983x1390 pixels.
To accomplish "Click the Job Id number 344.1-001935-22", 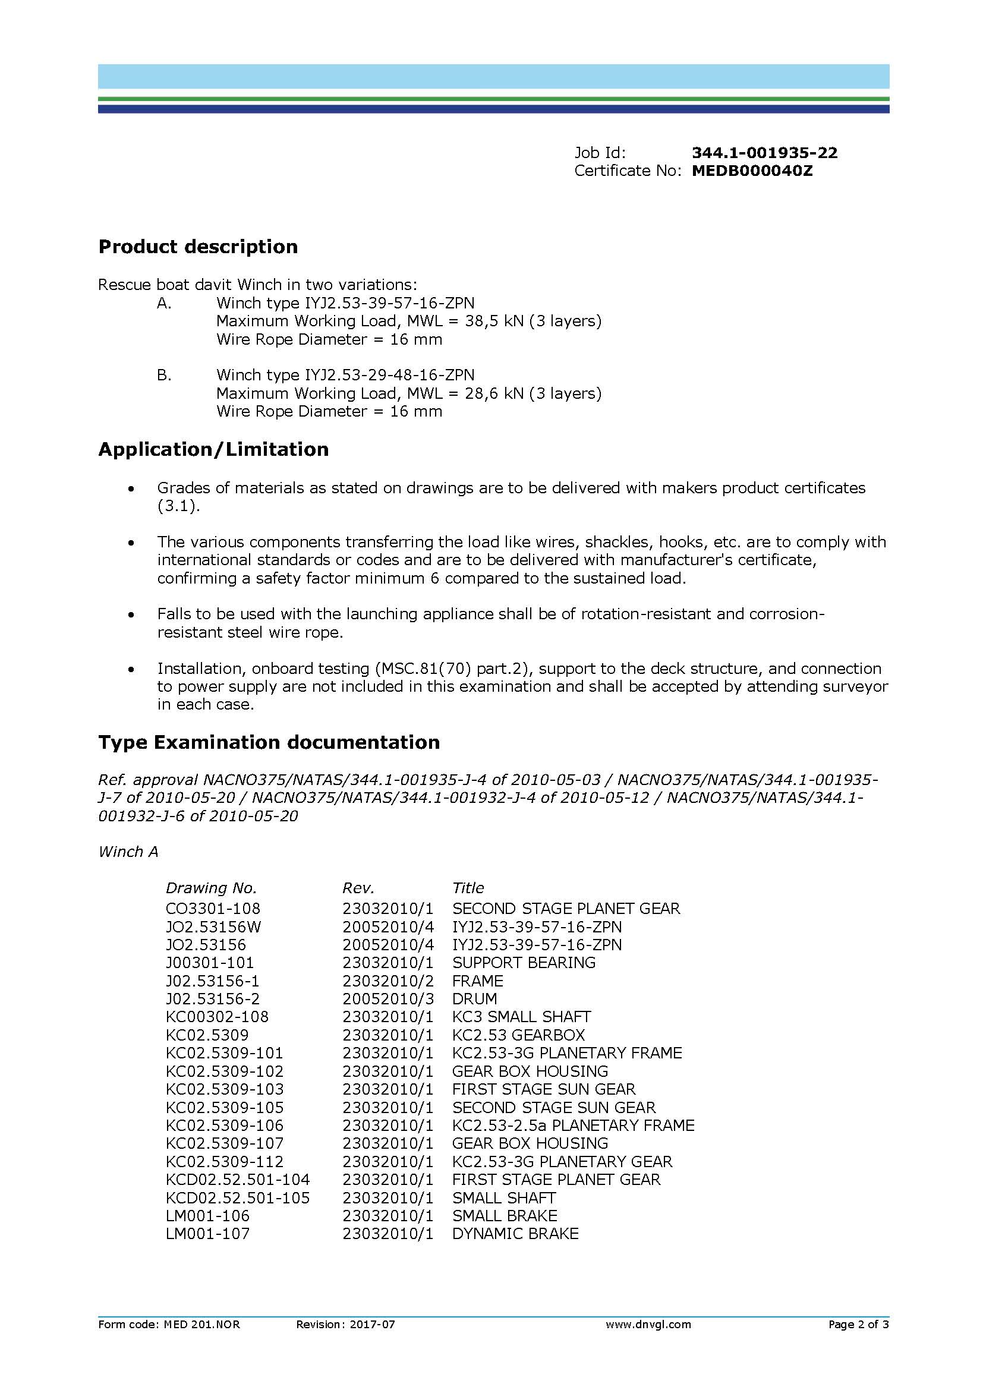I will point(764,153).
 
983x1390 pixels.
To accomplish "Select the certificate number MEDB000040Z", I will point(752,171).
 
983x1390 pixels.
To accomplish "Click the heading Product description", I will point(198,247).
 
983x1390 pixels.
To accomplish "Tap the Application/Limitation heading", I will point(213,449).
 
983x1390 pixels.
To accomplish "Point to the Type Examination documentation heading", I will point(269,742).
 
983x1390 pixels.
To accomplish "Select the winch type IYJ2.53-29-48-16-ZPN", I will point(387,375).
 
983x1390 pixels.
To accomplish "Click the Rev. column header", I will point(358,888).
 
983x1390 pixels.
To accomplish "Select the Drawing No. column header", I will point(211,888).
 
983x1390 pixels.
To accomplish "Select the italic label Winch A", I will point(128,852).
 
